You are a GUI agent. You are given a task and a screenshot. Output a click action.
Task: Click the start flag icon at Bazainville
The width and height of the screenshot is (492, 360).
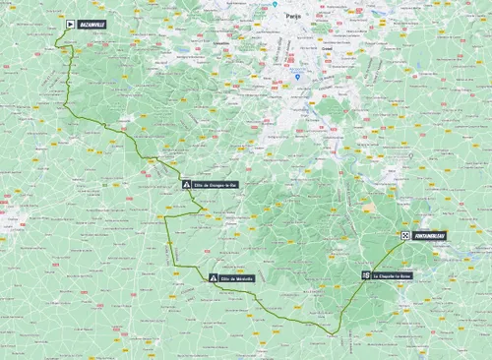pyautogui.click(x=70, y=24)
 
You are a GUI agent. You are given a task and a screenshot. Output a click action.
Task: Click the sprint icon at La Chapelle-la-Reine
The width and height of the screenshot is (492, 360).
pyautogui.click(x=365, y=276)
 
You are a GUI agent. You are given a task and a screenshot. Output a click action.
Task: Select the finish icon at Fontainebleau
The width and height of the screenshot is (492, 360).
pyautogui.click(x=404, y=236)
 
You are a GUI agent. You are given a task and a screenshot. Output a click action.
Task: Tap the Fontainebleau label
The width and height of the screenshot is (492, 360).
pyautogui.click(x=428, y=236)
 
